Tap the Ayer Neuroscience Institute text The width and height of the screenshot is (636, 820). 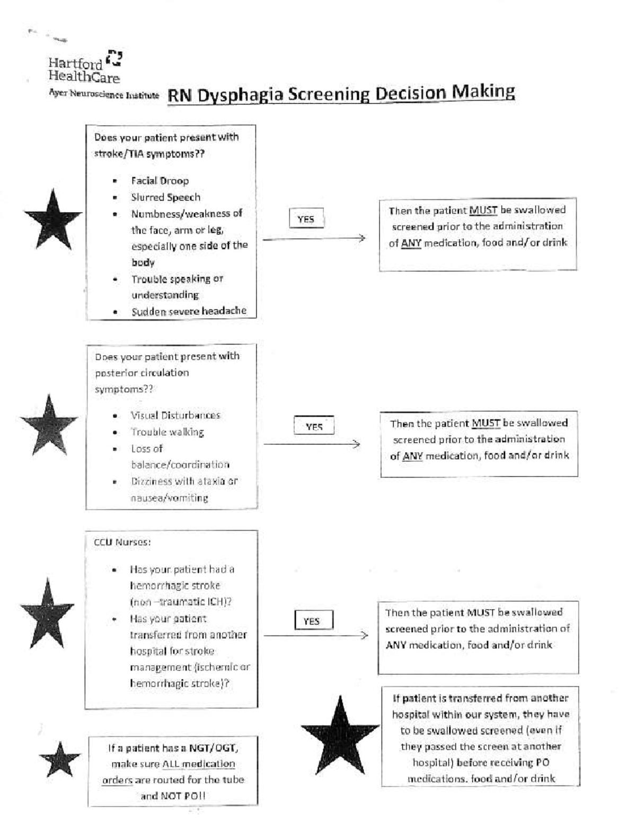(104, 94)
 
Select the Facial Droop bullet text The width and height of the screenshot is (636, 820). (160, 181)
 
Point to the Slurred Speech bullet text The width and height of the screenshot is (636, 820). (165, 197)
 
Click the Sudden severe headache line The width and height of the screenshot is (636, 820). (189, 311)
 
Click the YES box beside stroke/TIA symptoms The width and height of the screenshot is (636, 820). (306, 219)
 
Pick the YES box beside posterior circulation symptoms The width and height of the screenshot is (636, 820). (314, 426)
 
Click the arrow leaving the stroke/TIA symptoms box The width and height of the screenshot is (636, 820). (314, 239)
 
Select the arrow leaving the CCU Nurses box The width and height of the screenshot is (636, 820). (315, 635)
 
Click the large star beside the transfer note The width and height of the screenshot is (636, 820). (339, 736)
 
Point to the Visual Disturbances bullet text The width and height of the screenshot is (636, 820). (175, 415)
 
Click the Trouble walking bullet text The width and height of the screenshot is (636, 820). (167, 432)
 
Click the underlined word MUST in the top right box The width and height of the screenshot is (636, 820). (483, 210)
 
